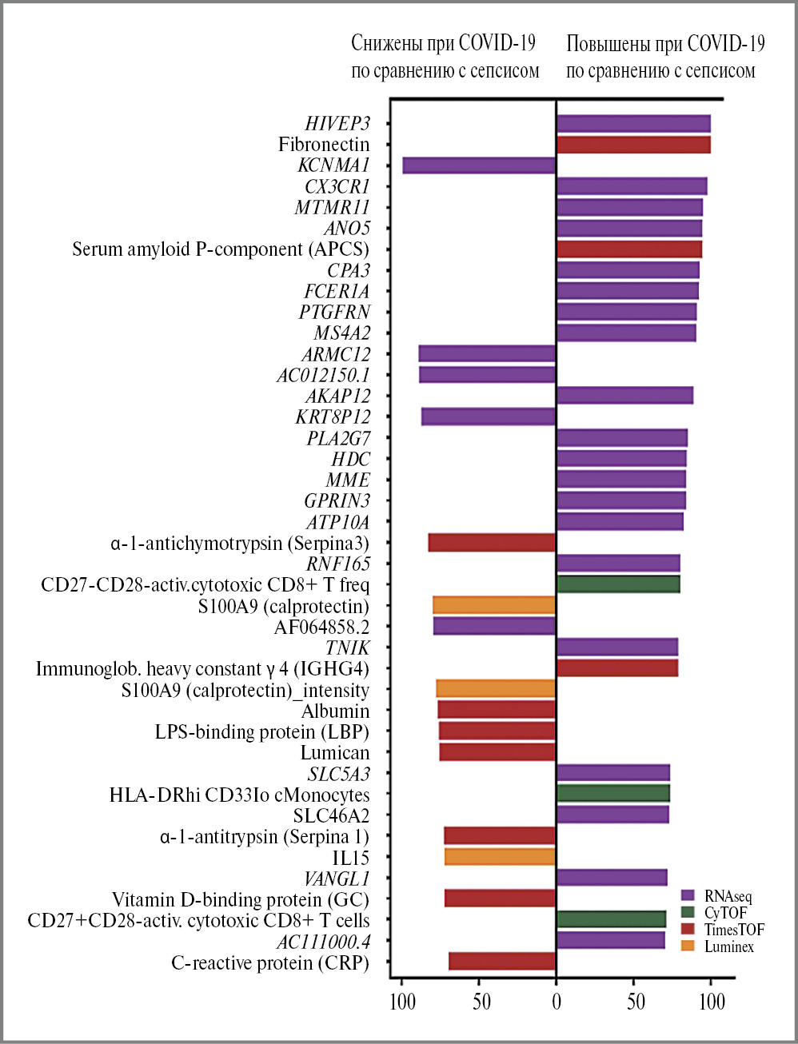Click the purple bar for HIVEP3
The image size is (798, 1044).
pyautogui.click(x=633, y=123)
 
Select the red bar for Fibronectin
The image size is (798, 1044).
pyautogui.click(x=633, y=145)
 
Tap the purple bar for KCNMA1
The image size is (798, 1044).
pyautogui.click(x=479, y=165)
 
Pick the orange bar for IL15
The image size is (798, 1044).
pyautogui.click(x=500, y=857)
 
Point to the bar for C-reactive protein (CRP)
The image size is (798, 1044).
pyautogui.click(x=502, y=962)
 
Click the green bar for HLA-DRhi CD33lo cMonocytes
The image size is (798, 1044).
pyautogui.click(x=612, y=794)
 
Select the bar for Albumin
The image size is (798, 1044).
pyautogui.click(x=497, y=710)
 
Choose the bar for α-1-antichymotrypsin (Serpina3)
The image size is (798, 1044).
pyautogui.click(x=492, y=543)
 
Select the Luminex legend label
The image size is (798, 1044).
pyautogui.click(x=729, y=947)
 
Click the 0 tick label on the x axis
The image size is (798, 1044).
pyautogui.click(x=557, y=1002)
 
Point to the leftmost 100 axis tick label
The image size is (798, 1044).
pyautogui.click(x=402, y=1002)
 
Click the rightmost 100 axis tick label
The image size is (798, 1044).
pyautogui.click(x=712, y=1002)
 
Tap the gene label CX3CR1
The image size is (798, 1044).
pyautogui.click(x=337, y=187)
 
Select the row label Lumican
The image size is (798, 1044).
pyautogui.click(x=335, y=753)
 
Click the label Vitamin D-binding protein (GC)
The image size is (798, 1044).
pyautogui.click(x=241, y=900)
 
